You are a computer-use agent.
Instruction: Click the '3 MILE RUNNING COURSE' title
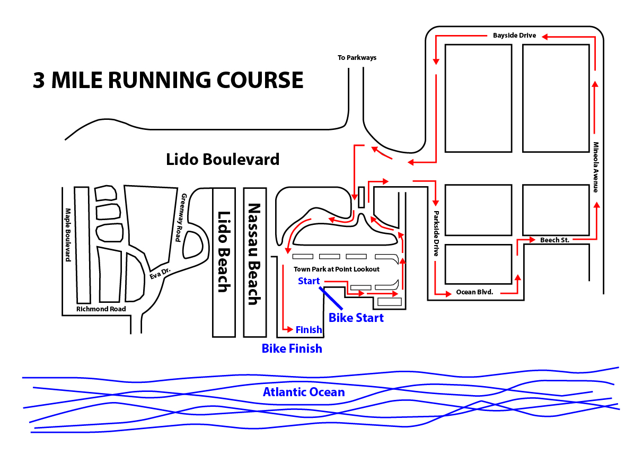(x=168, y=80)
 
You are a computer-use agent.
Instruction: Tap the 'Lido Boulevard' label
(x=222, y=159)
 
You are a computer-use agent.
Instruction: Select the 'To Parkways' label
(x=357, y=57)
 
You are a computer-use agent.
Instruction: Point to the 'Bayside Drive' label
(x=514, y=36)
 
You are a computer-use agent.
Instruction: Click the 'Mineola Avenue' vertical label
(x=596, y=167)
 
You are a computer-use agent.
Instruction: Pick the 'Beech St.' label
(x=554, y=240)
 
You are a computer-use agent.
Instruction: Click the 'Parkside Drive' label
(x=436, y=234)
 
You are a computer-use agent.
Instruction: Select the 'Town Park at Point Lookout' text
(x=337, y=269)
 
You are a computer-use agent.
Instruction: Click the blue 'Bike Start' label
(x=356, y=318)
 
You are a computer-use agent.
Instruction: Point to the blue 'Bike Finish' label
(x=292, y=348)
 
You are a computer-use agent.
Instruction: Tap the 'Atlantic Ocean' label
(x=304, y=392)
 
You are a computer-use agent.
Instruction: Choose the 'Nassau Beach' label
(x=254, y=254)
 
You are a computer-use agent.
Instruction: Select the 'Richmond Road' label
(x=101, y=309)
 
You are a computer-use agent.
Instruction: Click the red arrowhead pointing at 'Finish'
(x=290, y=329)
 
